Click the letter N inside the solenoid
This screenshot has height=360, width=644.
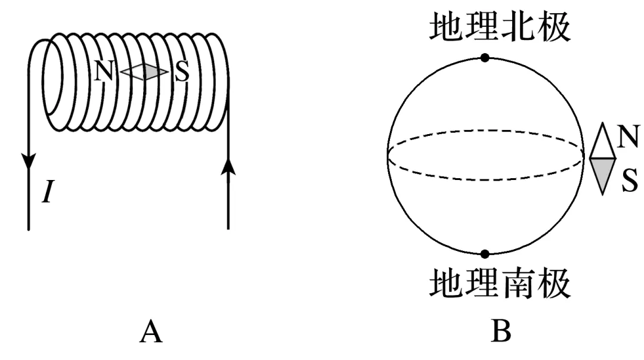(x=104, y=72)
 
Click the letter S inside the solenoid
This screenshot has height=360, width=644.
(x=182, y=72)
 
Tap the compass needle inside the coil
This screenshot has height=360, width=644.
(x=144, y=72)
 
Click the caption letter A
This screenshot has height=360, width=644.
(x=151, y=332)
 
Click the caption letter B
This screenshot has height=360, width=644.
(x=500, y=332)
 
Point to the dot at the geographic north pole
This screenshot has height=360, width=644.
(x=485, y=58)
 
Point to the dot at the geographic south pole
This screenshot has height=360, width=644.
(x=485, y=254)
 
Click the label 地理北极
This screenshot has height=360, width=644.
(x=500, y=29)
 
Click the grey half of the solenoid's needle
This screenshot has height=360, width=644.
(x=154, y=72)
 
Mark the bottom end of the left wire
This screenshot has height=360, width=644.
(x=28, y=228)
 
